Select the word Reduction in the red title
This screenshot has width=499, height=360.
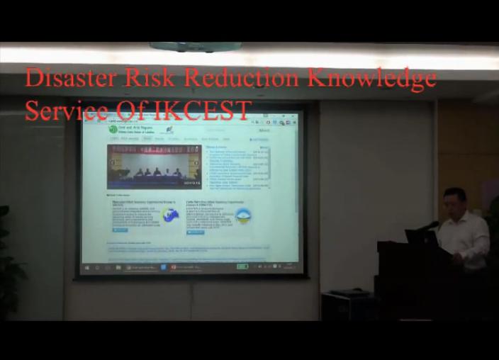click(x=242, y=78)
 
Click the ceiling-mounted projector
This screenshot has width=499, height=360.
click(x=195, y=47)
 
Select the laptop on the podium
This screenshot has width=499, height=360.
click(x=420, y=237)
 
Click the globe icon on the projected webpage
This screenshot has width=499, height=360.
click(x=170, y=214)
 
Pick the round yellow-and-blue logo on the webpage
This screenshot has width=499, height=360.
click(x=243, y=215)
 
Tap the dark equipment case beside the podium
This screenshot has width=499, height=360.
click(x=347, y=305)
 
